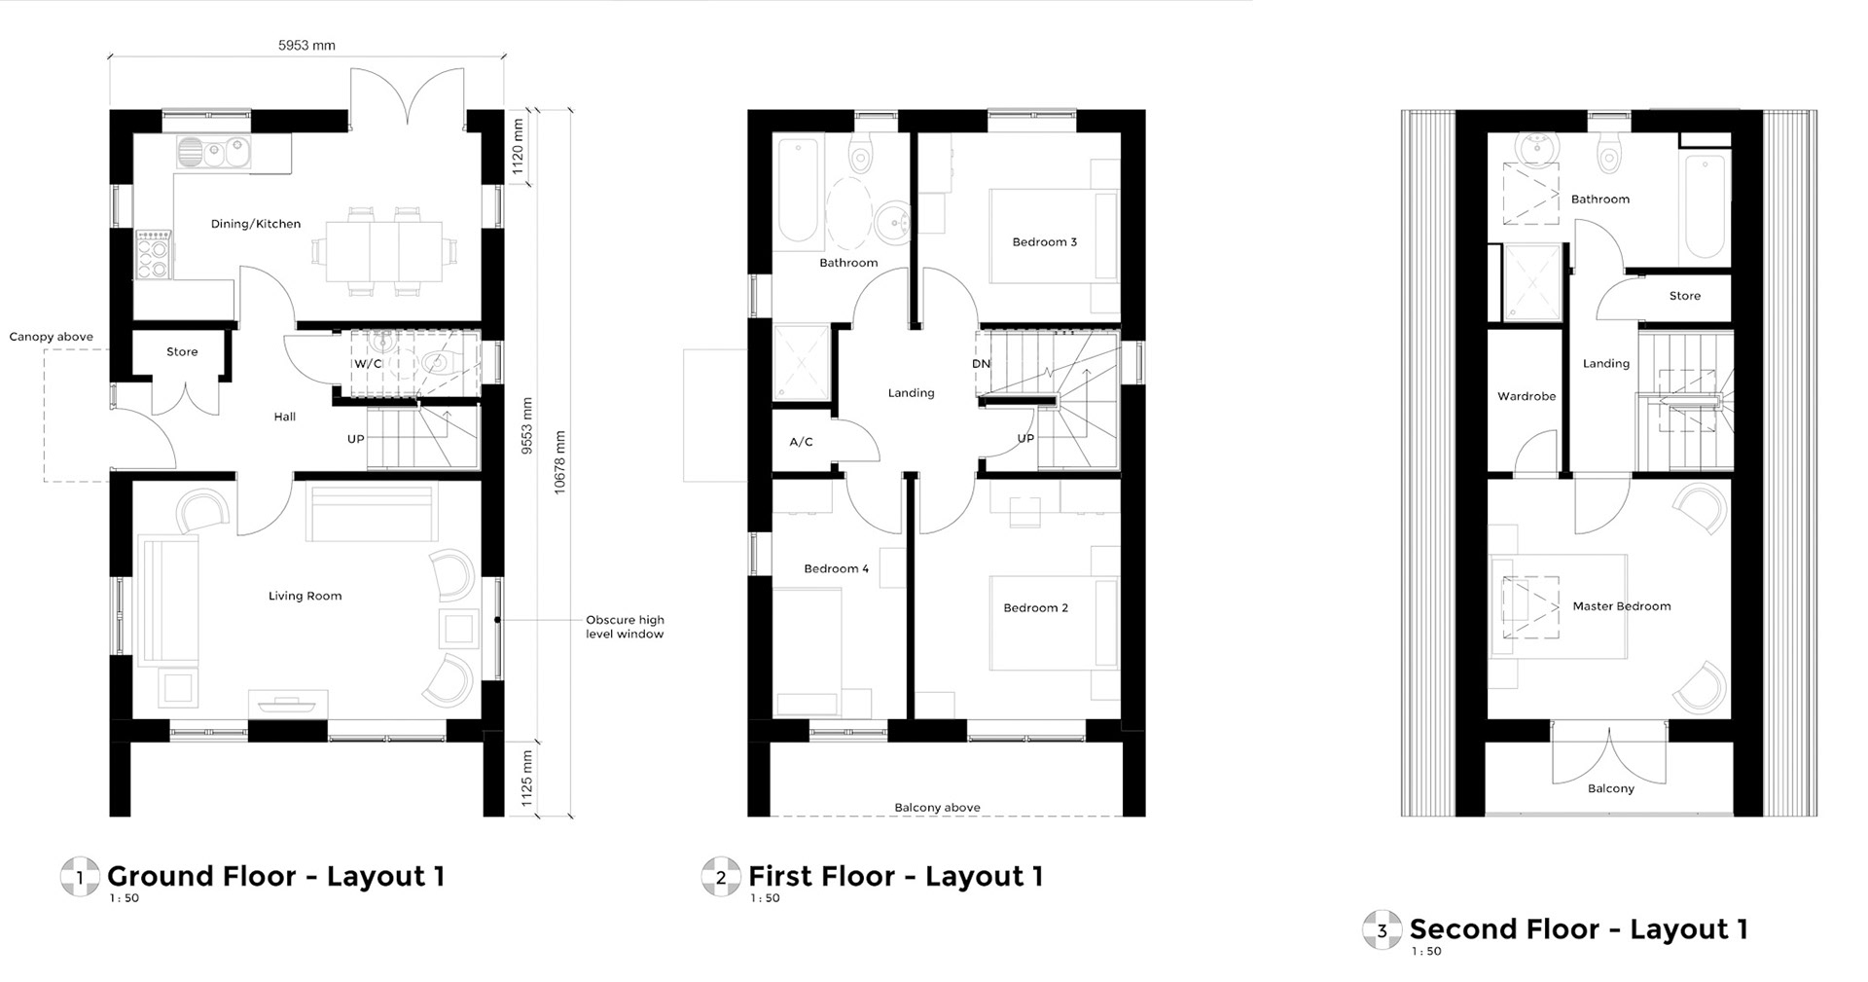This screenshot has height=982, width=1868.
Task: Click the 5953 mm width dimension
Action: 306,45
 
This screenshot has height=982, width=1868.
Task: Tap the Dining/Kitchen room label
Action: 256,224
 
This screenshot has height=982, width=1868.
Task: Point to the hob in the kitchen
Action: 153,255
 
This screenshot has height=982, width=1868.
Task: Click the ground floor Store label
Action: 182,352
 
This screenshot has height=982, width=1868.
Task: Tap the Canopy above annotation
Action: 52,337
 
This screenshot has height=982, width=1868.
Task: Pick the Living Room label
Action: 305,596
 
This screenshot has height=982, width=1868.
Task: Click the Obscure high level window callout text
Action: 625,627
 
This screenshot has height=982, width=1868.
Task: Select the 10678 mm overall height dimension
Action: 559,462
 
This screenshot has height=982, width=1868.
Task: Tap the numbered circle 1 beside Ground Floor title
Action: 80,877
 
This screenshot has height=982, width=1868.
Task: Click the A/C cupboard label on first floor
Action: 801,442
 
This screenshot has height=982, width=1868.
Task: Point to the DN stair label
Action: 981,364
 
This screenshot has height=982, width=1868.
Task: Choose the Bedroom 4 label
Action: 837,568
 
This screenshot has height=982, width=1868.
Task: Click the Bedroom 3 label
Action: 1045,242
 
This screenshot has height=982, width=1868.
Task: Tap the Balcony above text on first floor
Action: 937,808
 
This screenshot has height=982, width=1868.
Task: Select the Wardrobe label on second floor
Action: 1527,396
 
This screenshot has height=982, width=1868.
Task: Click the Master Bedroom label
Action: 1622,606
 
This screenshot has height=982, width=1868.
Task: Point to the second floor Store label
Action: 1685,296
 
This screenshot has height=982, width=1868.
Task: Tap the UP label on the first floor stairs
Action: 1025,439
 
